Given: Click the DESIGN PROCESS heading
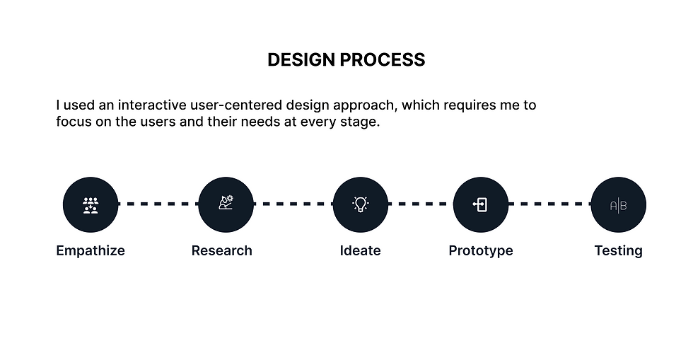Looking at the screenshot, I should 346,60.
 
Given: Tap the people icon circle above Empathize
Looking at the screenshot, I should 91,204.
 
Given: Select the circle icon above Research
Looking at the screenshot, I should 226,204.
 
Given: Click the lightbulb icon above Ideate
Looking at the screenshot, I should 361,204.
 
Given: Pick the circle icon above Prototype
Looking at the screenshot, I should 481,204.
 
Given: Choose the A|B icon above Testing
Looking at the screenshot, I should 618,205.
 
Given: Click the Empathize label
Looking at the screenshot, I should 91,250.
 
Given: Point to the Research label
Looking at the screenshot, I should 221,250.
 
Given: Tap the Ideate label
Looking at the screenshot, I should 360,250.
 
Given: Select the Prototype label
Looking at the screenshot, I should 481,250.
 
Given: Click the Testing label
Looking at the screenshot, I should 618,250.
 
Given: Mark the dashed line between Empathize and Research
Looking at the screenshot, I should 158,204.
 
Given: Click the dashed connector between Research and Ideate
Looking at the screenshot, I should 293,204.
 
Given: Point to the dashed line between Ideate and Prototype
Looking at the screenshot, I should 421,204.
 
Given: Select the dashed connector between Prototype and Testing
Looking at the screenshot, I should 549,204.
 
